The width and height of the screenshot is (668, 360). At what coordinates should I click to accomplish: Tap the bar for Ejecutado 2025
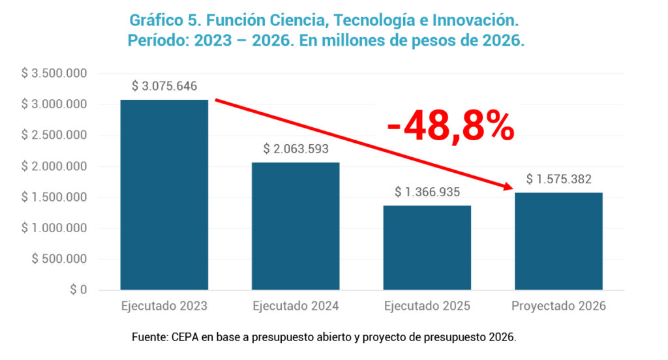[x=427, y=247]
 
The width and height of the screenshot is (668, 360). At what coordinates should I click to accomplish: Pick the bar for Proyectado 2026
[x=558, y=241]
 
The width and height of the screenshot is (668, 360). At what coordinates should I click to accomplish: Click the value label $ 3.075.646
[x=164, y=86]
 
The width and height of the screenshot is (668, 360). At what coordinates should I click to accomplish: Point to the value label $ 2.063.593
[x=296, y=149]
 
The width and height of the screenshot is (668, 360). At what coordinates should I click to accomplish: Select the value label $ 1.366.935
[x=427, y=192]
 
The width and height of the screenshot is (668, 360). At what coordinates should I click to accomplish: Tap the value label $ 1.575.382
[x=558, y=179]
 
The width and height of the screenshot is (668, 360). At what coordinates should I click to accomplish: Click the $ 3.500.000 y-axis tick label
[x=55, y=73]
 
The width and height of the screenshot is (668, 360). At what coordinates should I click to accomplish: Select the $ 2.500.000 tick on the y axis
[x=55, y=135]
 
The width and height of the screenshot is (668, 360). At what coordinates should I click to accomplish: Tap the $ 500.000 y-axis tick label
[x=59, y=259]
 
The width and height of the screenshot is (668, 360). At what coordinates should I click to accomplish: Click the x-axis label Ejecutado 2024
[x=296, y=306]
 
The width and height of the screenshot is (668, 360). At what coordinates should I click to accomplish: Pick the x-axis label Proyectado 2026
[x=558, y=306]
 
